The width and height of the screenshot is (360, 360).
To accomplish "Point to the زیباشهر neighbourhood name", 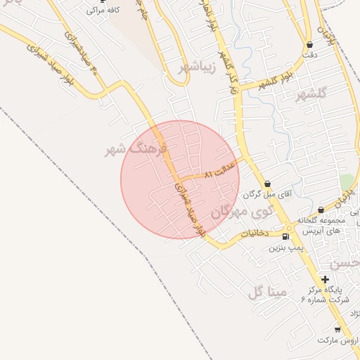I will pos(195,67).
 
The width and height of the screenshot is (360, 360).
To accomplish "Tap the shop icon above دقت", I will pos(309,44).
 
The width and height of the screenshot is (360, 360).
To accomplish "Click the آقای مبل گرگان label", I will pos(264,193).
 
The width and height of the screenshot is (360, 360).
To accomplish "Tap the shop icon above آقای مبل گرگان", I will pos(266,183).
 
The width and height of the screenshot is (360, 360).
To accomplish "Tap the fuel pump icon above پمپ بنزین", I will pos(285,236).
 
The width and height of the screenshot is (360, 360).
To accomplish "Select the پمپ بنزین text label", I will pos(284,247).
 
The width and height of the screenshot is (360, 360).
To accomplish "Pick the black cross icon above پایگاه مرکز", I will pos(324,279).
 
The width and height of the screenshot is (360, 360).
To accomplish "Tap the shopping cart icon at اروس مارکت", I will pos(337,329).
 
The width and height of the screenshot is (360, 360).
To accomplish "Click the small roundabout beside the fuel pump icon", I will pos(291,229).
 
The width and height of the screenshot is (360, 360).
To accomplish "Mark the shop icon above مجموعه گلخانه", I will pos(321,210).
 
